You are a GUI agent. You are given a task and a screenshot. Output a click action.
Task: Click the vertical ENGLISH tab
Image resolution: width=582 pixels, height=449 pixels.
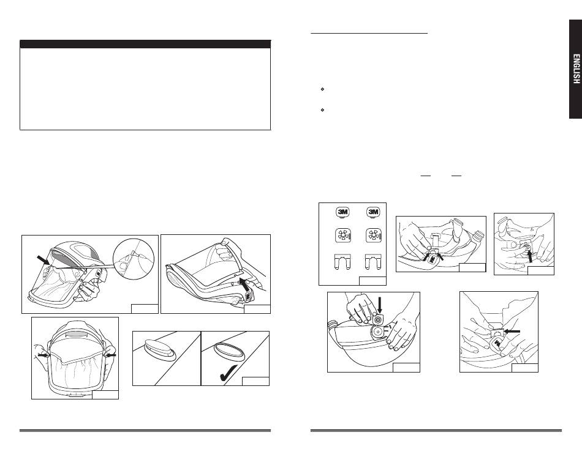pyautogui.click(x=576, y=69)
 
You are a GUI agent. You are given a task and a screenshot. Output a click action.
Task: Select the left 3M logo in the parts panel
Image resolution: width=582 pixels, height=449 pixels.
pyautogui.click(x=342, y=212)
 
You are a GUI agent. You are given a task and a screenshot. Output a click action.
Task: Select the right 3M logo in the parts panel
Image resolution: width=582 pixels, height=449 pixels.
pyautogui.click(x=373, y=212)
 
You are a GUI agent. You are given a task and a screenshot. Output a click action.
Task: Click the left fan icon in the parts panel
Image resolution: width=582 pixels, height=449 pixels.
pyautogui.click(x=343, y=236)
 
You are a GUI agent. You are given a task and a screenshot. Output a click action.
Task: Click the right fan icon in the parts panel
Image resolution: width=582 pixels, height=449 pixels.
pyautogui.click(x=374, y=236)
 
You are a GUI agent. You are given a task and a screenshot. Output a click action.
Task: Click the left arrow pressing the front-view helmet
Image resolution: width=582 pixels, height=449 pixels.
pyautogui.click(x=43, y=355)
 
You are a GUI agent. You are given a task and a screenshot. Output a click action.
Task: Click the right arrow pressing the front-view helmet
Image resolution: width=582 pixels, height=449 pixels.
pyautogui.click(x=111, y=355)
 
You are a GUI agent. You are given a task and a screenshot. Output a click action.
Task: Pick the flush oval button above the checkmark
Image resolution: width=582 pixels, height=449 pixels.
pyautogui.click(x=230, y=351)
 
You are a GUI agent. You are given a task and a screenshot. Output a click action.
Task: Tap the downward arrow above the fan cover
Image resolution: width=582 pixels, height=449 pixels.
pyautogui.click(x=379, y=305)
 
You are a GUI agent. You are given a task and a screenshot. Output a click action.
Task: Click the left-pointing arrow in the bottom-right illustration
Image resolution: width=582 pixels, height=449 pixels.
pyautogui.click(x=512, y=332)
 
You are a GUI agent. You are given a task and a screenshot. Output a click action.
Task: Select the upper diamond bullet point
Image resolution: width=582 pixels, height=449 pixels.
pyautogui.click(x=322, y=89)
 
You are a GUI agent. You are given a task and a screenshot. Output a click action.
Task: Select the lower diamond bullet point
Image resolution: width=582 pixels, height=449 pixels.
pyautogui.click(x=322, y=109)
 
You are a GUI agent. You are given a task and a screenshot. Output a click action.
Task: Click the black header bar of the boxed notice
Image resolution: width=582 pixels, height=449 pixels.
pyautogui.click(x=145, y=44)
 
